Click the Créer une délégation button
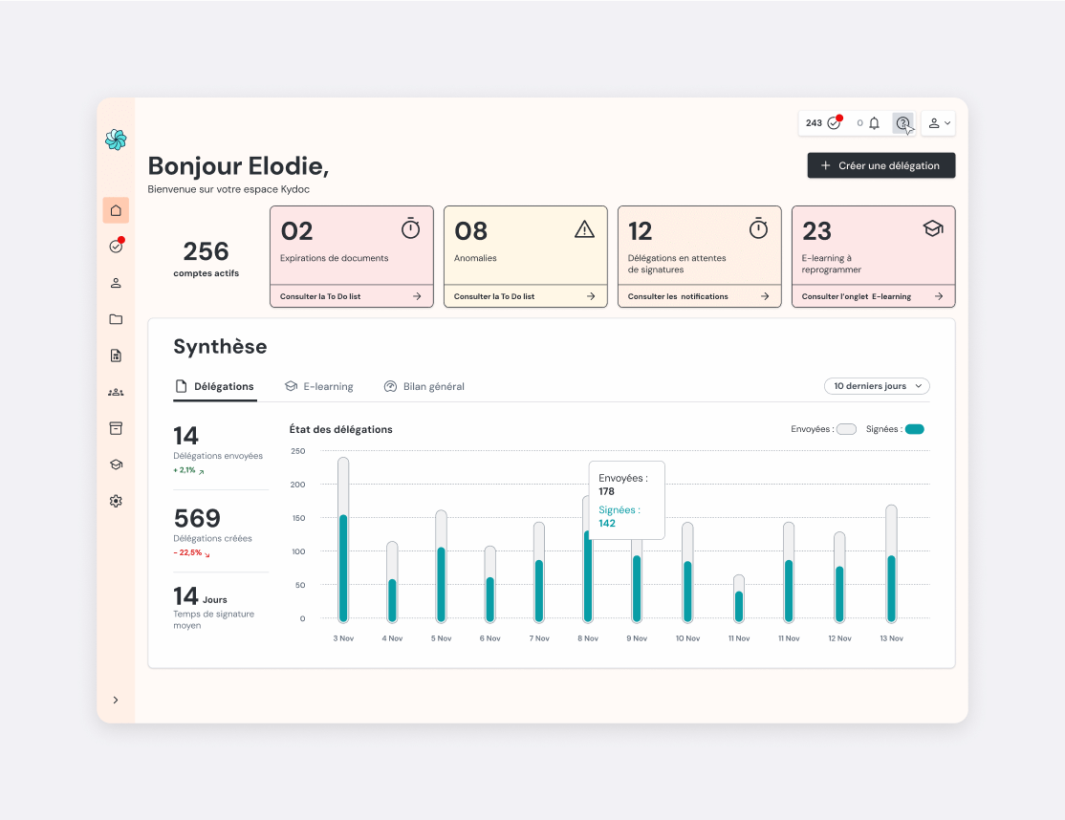point(880,165)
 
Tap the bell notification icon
point(874,123)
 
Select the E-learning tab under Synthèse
point(319,386)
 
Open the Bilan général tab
point(424,386)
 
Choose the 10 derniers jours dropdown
point(877,386)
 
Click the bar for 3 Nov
point(343,540)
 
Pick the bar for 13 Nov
point(891,564)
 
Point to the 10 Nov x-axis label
point(687,638)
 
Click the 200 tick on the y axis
point(297,485)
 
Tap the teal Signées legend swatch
point(915,429)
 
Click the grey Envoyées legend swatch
point(846,429)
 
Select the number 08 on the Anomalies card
point(470,231)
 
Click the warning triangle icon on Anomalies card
point(584,229)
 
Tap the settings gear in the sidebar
point(116,501)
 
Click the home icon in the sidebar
point(116,210)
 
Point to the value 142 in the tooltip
point(607,524)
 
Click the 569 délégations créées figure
point(197,519)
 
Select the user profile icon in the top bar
point(934,123)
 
